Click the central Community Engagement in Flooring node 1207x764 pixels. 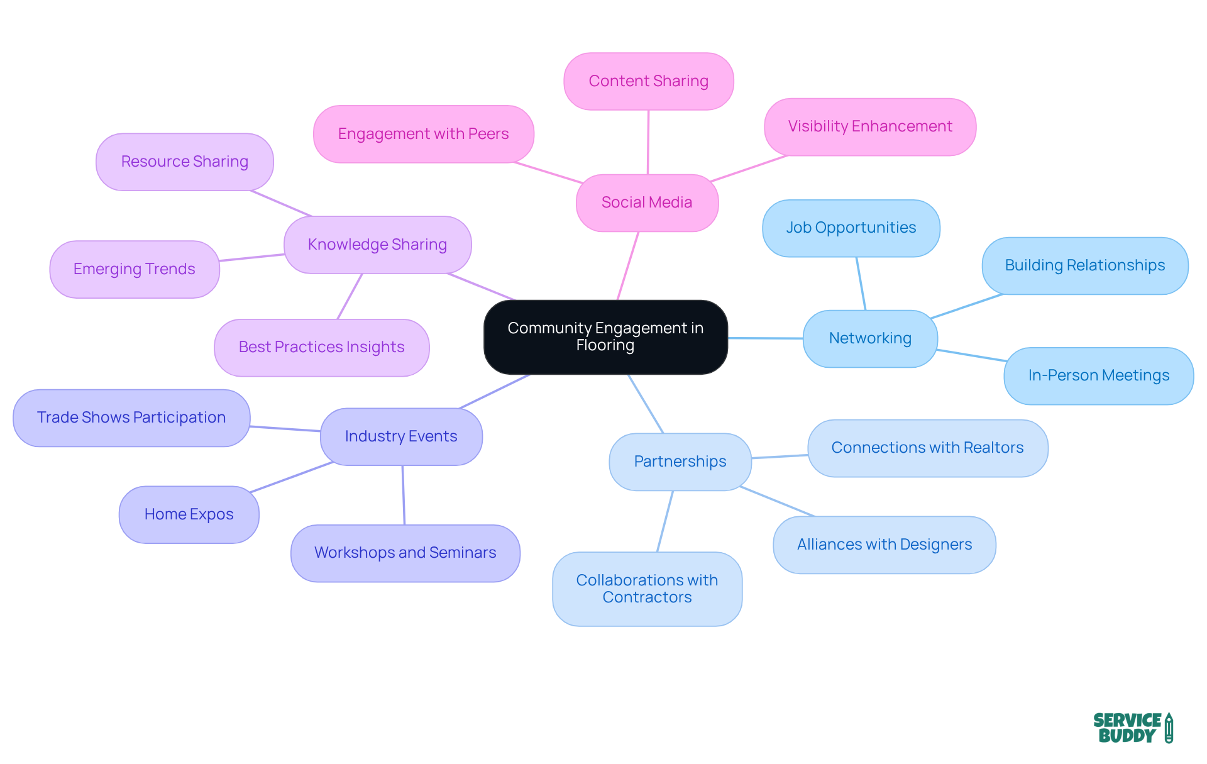(605, 337)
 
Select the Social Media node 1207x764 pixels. (647, 202)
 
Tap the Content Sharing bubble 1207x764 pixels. (648, 81)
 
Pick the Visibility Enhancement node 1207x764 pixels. (869, 126)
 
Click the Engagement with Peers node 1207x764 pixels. (423, 134)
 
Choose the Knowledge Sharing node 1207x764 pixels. (377, 245)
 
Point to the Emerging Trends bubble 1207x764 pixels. (134, 269)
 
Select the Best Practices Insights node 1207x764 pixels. (321, 347)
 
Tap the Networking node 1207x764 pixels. (870, 338)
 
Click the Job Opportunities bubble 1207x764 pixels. (851, 228)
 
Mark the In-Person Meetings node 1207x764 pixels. (1098, 375)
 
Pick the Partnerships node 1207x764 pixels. (680, 462)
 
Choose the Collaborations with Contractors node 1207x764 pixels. (647, 589)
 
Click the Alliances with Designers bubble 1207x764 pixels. (884, 545)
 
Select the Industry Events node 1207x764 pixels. (401, 436)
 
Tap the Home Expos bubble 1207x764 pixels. (189, 514)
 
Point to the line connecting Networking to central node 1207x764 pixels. (765, 338)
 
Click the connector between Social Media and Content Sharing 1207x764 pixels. (648, 142)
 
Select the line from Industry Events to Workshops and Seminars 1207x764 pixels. (404, 495)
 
